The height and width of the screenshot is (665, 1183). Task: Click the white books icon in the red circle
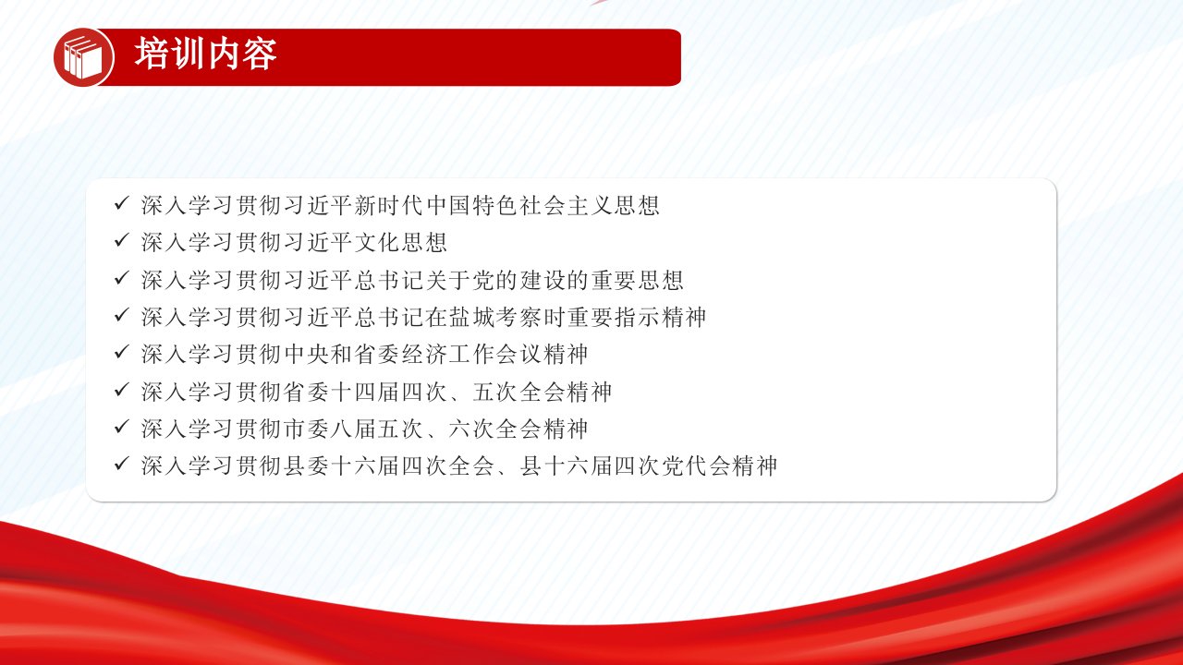(x=83, y=57)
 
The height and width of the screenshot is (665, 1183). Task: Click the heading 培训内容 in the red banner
(x=205, y=54)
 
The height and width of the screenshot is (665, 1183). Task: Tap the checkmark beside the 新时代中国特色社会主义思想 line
(x=121, y=203)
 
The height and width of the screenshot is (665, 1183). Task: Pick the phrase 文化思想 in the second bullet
(x=401, y=243)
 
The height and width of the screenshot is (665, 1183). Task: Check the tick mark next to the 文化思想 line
(x=121, y=241)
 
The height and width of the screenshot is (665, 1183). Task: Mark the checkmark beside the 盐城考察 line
(x=121, y=315)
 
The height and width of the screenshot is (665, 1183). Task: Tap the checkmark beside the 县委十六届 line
(x=121, y=464)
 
